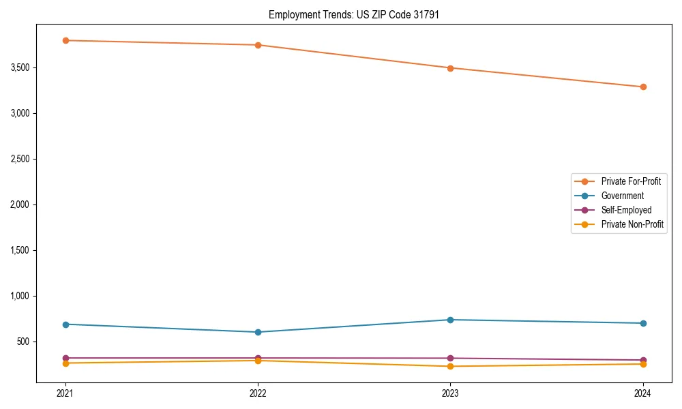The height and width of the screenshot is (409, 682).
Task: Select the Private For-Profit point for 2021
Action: pos(65,40)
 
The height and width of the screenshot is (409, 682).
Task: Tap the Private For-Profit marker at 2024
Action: pos(643,87)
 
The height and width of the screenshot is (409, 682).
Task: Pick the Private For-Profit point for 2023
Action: pos(451,68)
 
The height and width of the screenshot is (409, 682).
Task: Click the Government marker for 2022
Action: pos(258,332)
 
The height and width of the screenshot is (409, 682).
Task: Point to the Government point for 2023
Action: pos(451,320)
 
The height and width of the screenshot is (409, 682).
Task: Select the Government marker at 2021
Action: pos(65,324)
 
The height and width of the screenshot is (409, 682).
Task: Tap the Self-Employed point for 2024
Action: pos(643,360)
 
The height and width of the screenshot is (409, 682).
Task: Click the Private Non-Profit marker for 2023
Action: pos(451,366)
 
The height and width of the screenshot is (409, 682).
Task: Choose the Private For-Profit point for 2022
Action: pos(258,45)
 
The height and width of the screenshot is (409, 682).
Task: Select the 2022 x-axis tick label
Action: pos(258,393)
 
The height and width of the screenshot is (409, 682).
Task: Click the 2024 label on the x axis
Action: pos(643,393)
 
